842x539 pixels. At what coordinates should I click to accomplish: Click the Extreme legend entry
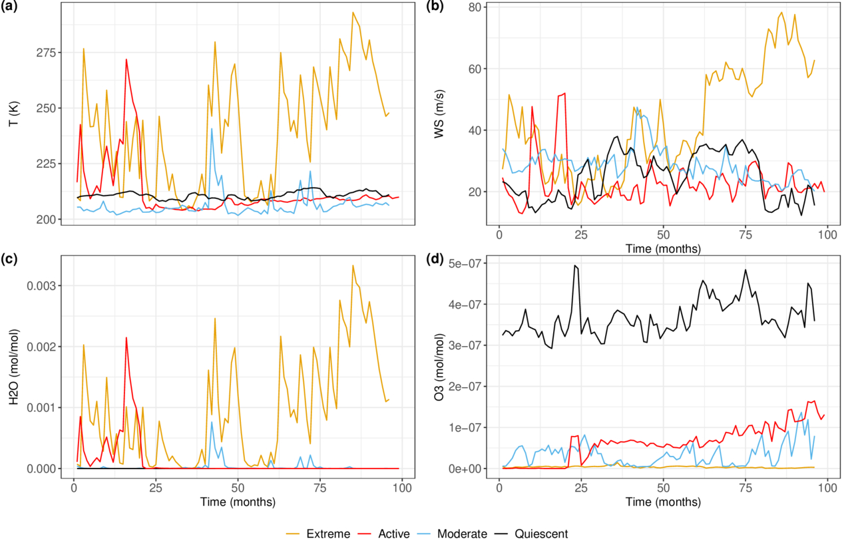[x=328, y=533]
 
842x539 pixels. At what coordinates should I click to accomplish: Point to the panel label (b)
[x=434, y=8]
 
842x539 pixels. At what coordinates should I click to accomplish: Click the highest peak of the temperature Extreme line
[x=353, y=12]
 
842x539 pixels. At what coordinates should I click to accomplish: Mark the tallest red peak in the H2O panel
[x=126, y=337]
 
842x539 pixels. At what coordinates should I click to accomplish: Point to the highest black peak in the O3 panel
[x=575, y=266]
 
